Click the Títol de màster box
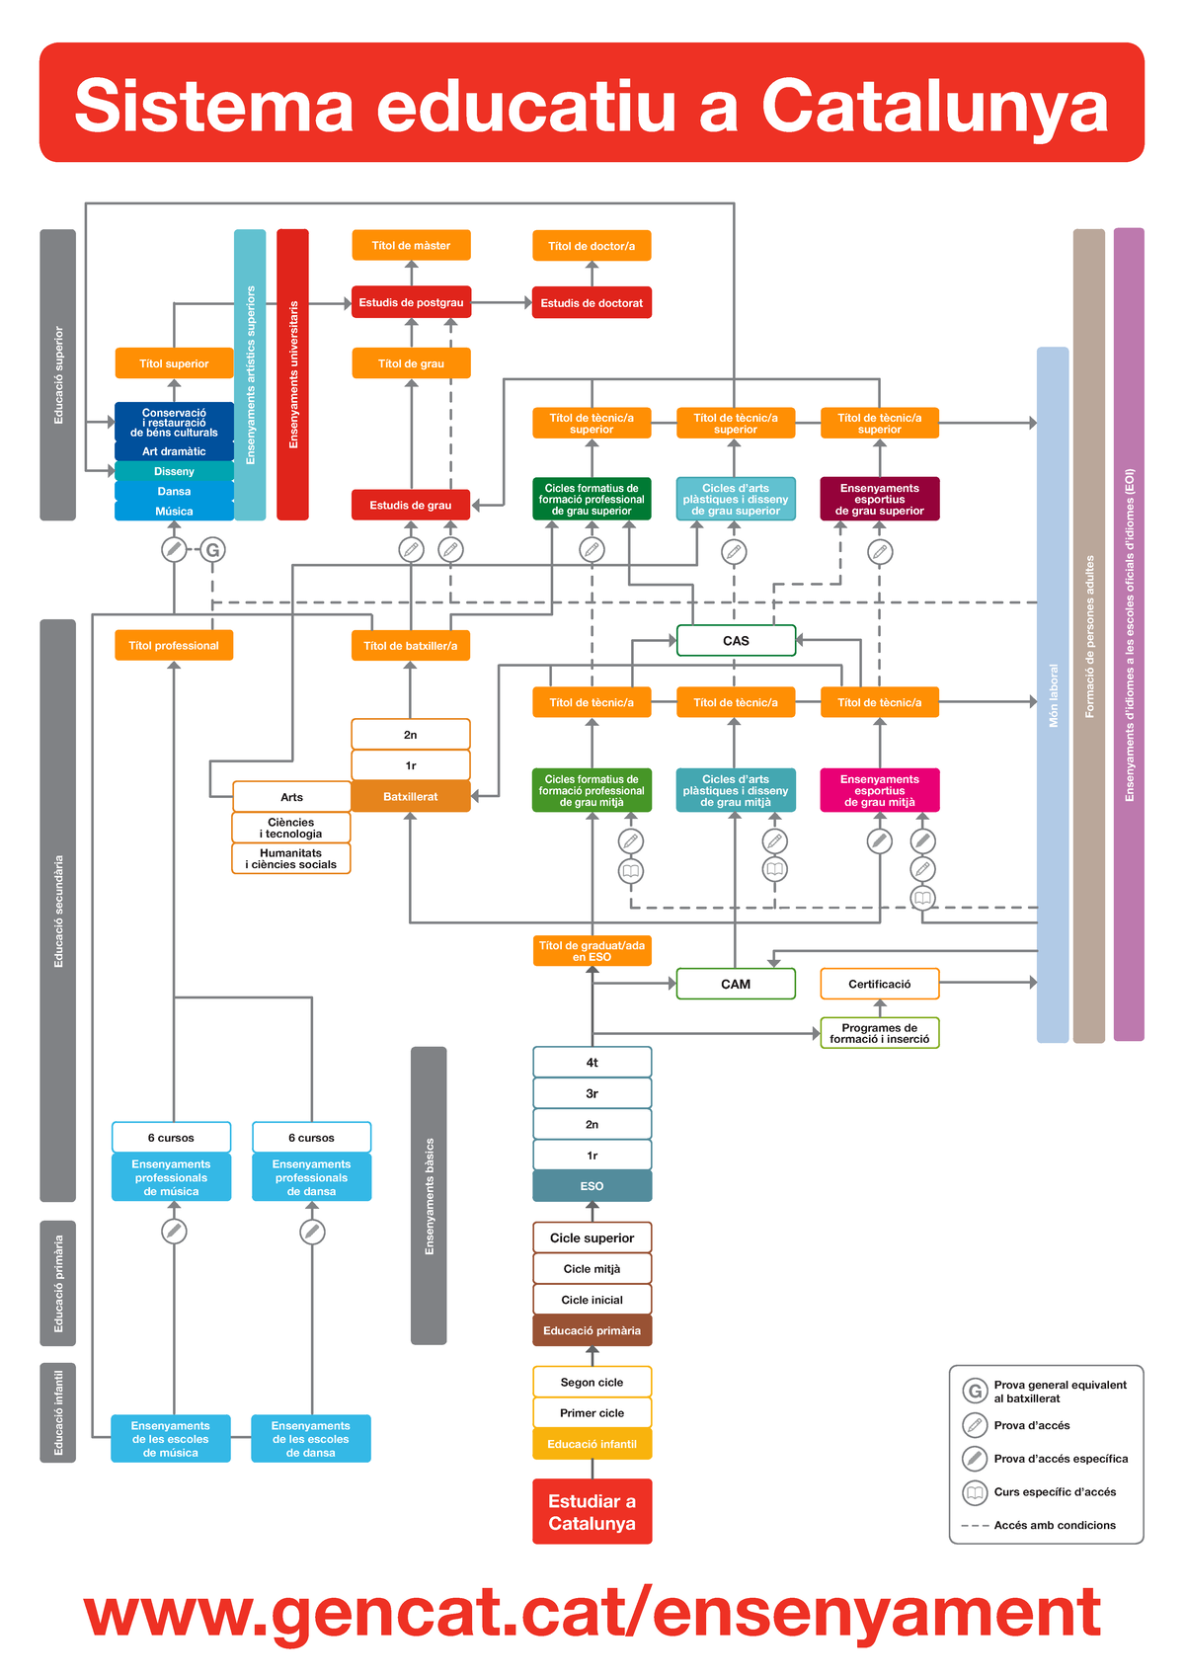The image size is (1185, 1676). pyautogui.click(x=411, y=245)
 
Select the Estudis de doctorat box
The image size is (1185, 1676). pyautogui.click(x=592, y=303)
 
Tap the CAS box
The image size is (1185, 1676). pyautogui.click(x=736, y=641)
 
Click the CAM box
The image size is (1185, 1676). pyautogui.click(x=736, y=985)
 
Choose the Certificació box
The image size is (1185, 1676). pyautogui.click(x=879, y=985)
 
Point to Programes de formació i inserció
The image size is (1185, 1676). pyautogui.click(x=879, y=1033)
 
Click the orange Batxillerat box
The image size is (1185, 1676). pyautogui.click(x=411, y=797)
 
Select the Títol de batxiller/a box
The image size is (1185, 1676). pyautogui.click(x=411, y=646)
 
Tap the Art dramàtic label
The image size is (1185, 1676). pyautogui.click(x=174, y=451)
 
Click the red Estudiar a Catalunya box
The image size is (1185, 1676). pyautogui.click(x=592, y=1512)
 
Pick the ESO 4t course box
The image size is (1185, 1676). pyautogui.click(x=592, y=1063)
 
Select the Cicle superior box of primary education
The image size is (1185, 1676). pyautogui.click(x=592, y=1237)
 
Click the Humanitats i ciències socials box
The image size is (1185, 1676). pyautogui.click(x=291, y=858)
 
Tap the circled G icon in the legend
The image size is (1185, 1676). pyautogui.click(x=975, y=1392)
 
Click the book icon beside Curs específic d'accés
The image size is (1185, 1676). pyautogui.click(x=975, y=1492)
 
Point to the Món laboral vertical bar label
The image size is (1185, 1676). pyautogui.click(x=1053, y=695)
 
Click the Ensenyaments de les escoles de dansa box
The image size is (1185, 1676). pyautogui.click(x=311, y=1439)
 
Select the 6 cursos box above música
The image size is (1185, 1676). pyautogui.click(x=171, y=1138)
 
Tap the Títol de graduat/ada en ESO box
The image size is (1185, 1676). pyautogui.click(x=592, y=951)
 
